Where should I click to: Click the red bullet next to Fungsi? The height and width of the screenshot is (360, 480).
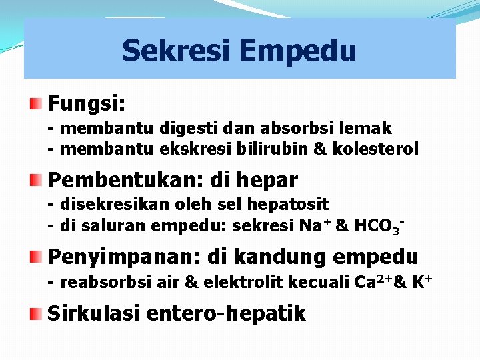pyautogui.click(x=37, y=103)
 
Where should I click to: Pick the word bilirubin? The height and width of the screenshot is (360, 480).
pyautogui.click(x=269, y=149)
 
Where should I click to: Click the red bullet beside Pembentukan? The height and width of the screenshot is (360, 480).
pyautogui.click(x=37, y=179)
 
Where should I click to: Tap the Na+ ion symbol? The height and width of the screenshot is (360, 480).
pyautogui.click(x=315, y=225)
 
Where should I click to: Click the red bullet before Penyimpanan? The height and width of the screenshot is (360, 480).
pyautogui.click(x=37, y=256)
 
